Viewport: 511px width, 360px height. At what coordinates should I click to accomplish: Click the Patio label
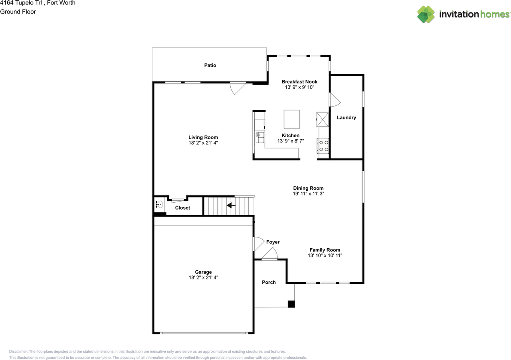pos(210,65)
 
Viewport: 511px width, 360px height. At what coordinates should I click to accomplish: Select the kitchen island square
pos(291,119)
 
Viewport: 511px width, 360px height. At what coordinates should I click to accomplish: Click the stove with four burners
pos(323,145)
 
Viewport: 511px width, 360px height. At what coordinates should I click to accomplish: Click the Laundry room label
pos(346,117)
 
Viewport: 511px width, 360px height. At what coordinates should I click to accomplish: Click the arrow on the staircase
pos(231,205)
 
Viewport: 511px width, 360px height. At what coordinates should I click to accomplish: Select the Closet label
pos(182,208)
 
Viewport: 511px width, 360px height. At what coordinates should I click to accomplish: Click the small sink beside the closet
pos(160,205)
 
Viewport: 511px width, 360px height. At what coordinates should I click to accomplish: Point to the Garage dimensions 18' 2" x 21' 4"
pos(204,277)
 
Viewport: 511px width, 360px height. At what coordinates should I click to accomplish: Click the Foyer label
pos(273,242)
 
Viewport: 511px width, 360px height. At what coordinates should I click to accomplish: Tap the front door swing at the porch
pos(270,253)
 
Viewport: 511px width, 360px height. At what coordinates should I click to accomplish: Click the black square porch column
pos(291,304)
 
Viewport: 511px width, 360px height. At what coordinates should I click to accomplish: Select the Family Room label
pos(325,250)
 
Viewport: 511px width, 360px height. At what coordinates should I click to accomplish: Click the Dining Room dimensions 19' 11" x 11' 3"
pos(308,194)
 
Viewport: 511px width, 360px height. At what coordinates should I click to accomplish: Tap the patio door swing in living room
pos(238,88)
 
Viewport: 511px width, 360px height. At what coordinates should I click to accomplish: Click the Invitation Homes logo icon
pos(426,14)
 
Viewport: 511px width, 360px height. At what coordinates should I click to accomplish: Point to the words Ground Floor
pos(18,12)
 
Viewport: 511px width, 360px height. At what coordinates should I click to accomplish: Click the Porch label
pos(269,282)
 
